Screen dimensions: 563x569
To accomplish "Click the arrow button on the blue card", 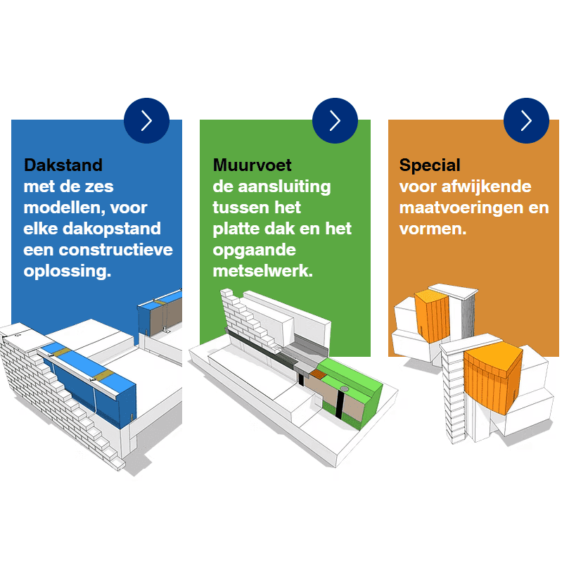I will (x=146, y=120).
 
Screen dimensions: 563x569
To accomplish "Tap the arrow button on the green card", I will (x=335, y=120).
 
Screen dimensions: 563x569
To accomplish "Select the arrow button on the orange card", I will (x=526, y=120).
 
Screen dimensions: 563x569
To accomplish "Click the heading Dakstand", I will (x=63, y=165).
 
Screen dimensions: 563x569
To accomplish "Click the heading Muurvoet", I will (x=252, y=165).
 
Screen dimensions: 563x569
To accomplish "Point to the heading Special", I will (x=430, y=165).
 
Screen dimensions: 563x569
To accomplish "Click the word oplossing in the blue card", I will (x=68, y=272).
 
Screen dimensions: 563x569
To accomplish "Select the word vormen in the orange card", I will (x=433, y=229).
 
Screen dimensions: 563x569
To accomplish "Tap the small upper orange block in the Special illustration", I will (x=431, y=317).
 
